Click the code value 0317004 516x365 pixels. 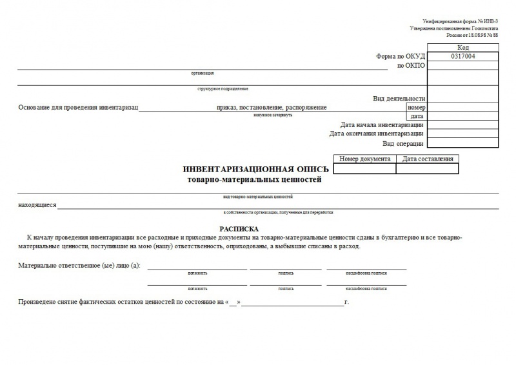[x=462, y=57]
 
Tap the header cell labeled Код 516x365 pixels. [x=462, y=48]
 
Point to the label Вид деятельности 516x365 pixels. [x=399, y=99]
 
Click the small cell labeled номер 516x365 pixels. [x=415, y=107]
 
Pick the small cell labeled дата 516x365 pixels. [x=417, y=116]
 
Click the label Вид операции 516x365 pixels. [x=403, y=143]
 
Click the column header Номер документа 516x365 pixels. [x=364, y=159]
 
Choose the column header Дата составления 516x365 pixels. [x=427, y=159]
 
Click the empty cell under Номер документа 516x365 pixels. [x=364, y=168]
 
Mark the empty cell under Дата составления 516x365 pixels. [x=427, y=168]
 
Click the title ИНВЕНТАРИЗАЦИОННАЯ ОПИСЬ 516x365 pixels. [x=256, y=169]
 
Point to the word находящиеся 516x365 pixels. [x=37, y=205]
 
